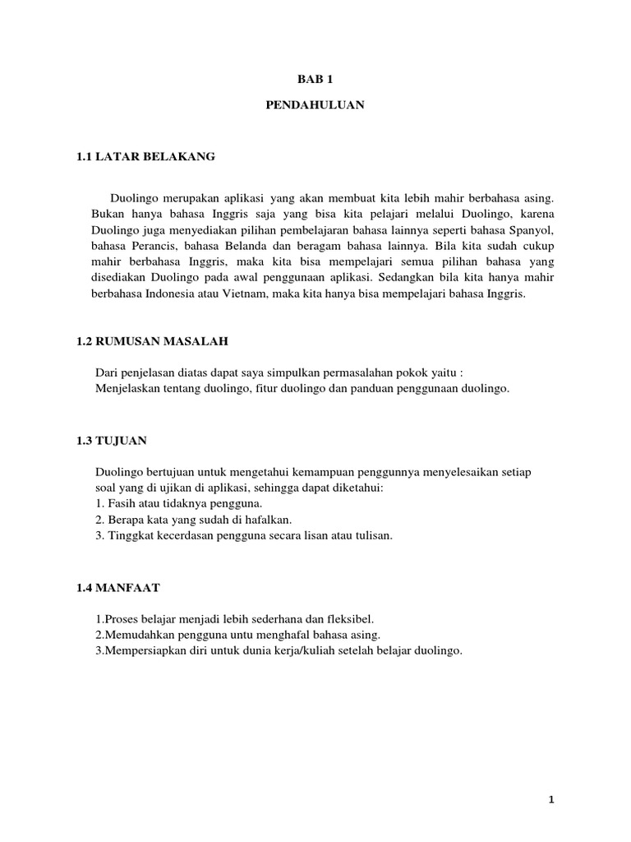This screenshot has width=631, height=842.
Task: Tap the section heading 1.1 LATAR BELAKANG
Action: (145, 156)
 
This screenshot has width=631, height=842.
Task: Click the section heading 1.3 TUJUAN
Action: (111, 441)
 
